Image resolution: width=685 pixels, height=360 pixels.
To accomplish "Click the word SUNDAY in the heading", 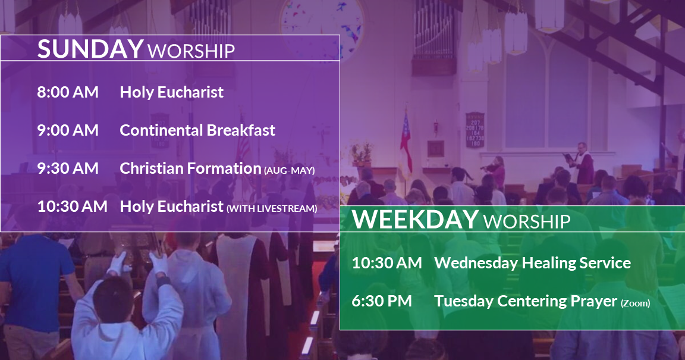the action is (90, 49).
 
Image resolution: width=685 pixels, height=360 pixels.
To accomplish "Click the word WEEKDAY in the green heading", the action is (416, 219).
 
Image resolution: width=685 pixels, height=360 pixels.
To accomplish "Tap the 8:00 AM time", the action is (68, 92).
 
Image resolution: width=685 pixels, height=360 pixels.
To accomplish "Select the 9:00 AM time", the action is (68, 130).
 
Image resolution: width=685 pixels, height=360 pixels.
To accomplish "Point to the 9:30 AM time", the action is (68, 168).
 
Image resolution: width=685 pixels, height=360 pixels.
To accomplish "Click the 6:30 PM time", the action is (382, 301).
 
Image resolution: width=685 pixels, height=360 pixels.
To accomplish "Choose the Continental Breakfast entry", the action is (197, 130).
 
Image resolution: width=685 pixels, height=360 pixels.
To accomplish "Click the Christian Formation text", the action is (190, 168).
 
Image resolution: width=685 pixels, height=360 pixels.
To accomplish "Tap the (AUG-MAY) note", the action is (289, 171).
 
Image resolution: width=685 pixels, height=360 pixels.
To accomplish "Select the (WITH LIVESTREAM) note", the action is (272, 209).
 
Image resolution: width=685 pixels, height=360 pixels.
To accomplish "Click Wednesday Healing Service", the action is (533, 263).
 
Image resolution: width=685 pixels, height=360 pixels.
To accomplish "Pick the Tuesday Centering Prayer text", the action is (526, 301).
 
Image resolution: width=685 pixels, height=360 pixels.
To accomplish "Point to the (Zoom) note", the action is (636, 303).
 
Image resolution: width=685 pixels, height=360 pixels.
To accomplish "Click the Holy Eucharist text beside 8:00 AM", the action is (172, 92).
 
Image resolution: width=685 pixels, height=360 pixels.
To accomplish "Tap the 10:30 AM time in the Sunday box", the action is (72, 206).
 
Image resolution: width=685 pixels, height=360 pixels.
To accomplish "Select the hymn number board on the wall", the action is (475, 130).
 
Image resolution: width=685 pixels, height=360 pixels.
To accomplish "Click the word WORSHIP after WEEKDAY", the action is (527, 222).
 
